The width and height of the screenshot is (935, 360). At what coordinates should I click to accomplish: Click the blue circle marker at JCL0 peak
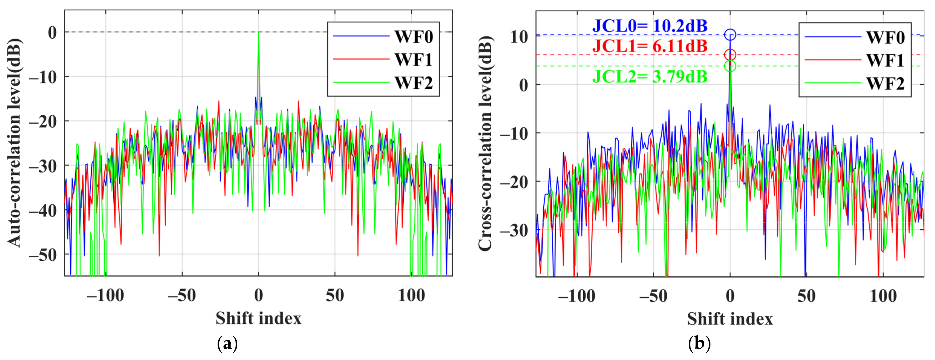point(730,35)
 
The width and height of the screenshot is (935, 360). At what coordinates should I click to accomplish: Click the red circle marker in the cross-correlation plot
point(730,55)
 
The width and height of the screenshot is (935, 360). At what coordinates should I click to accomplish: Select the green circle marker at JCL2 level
point(730,66)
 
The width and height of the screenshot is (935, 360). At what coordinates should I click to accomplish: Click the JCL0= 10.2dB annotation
point(650,26)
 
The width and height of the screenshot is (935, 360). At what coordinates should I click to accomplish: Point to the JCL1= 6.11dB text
point(650,46)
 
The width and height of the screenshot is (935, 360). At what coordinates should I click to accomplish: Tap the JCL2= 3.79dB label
point(650,77)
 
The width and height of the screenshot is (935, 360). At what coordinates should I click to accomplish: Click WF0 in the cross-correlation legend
point(885,37)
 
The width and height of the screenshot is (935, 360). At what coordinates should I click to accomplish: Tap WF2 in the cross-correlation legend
point(885,83)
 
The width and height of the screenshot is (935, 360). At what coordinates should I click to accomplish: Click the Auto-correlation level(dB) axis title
point(15,143)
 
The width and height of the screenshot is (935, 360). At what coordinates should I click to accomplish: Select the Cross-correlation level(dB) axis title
point(485,143)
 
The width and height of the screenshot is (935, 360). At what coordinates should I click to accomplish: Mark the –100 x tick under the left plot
point(105,295)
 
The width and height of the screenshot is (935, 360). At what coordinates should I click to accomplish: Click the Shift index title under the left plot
point(258,318)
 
